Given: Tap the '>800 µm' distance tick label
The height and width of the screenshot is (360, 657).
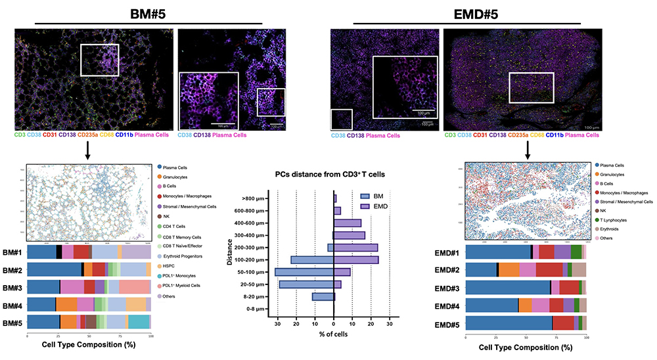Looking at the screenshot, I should click(x=252, y=198).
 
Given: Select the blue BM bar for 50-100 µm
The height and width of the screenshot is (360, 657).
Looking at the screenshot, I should click(x=304, y=272).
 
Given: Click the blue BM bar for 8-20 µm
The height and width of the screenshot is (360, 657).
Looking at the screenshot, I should click(x=323, y=297).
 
